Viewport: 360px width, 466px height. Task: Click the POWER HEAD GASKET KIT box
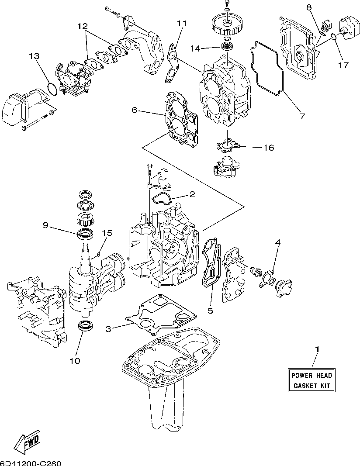311,380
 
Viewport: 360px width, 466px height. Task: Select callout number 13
35,56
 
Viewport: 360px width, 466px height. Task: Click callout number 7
302,116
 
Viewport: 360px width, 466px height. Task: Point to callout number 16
269,148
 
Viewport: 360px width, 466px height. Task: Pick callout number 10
75,361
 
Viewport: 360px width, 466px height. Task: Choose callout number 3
108,329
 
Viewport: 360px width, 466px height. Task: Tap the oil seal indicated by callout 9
86,234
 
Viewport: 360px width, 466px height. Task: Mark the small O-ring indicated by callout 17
333,37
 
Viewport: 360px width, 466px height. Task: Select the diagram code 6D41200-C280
30,463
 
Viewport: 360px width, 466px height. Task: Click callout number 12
83,26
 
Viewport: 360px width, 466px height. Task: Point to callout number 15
107,233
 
